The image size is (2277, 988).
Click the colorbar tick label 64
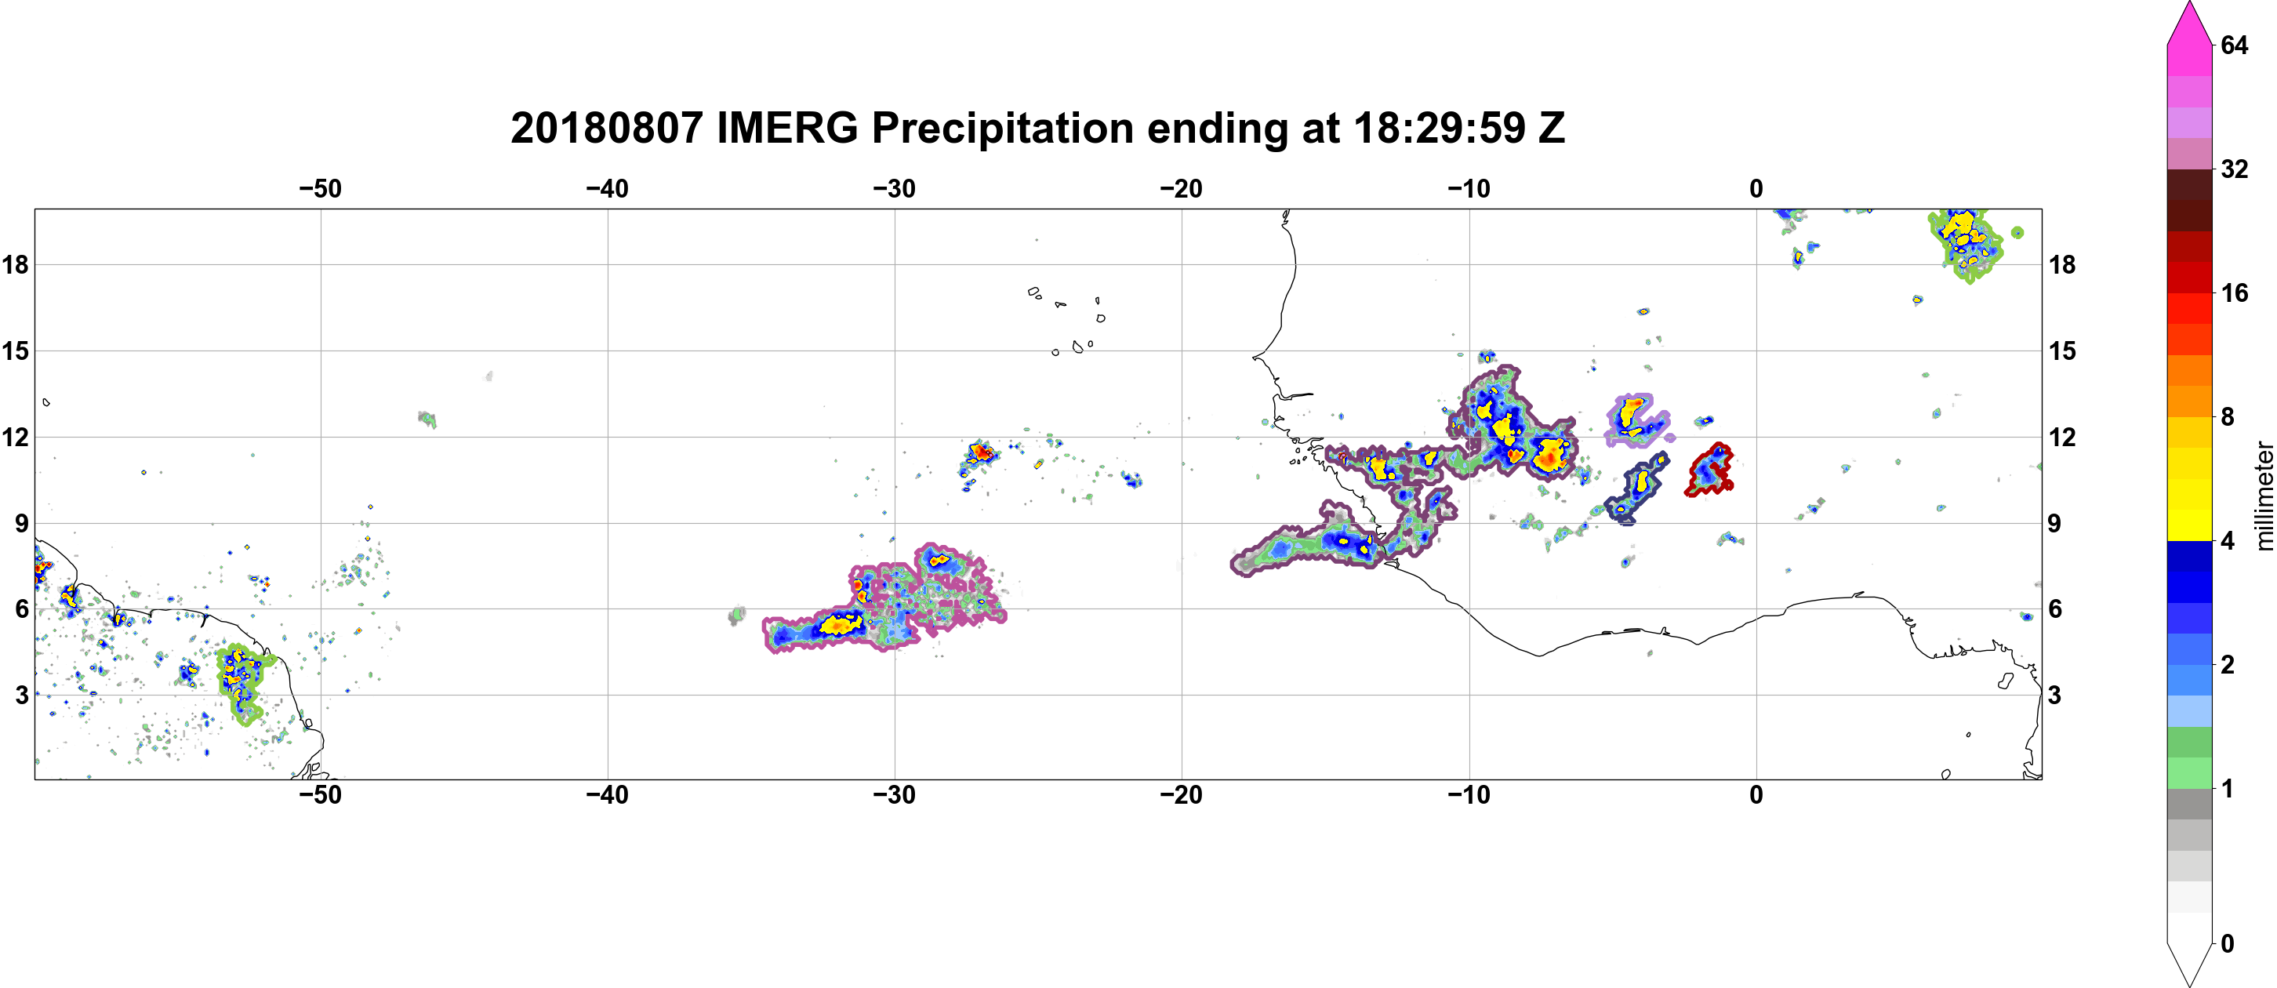(2235, 45)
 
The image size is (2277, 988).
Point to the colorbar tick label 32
(2235, 169)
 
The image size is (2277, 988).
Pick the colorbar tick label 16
(2235, 292)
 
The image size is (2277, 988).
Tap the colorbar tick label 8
(2228, 416)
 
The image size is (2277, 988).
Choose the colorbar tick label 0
(2228, 944)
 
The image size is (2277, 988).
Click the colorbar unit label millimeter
(2264, 496)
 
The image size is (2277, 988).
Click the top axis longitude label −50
(320, 189)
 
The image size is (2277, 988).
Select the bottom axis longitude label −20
(1182, 795)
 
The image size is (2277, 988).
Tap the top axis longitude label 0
(1756, 189)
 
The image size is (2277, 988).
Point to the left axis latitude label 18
(15, 264)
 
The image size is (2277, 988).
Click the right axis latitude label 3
(2054, 696)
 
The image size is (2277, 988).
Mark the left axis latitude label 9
(21, 523)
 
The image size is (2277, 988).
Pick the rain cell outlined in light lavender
(1637, 420)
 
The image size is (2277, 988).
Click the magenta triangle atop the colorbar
(2189, 22)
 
